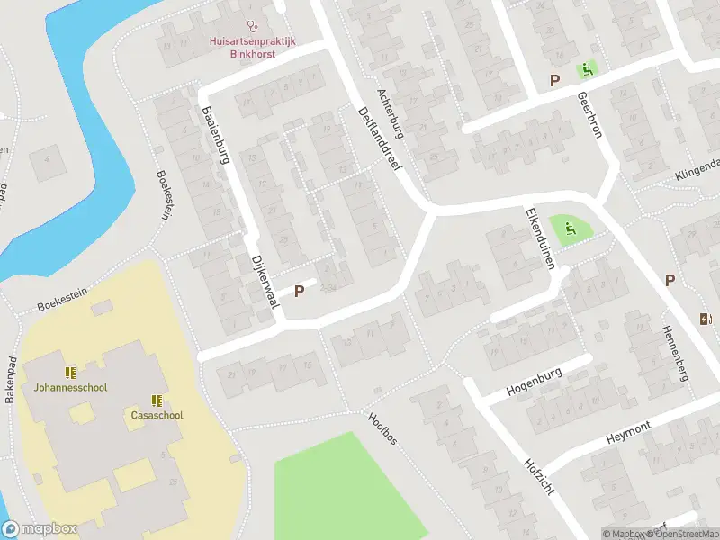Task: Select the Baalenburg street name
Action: (x=218, y=136)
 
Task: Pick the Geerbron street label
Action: (x=590, y=112)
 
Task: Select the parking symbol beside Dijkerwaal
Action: (x=300, y=291)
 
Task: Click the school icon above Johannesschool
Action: (x=69, y=372)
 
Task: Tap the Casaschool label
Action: (x=157, y=415)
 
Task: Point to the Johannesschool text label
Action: (x=70, y=388)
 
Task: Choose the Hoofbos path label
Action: (x=382, y=429)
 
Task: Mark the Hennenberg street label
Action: (x=676, y=353)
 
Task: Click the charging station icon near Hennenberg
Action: (x=705, y=318)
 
